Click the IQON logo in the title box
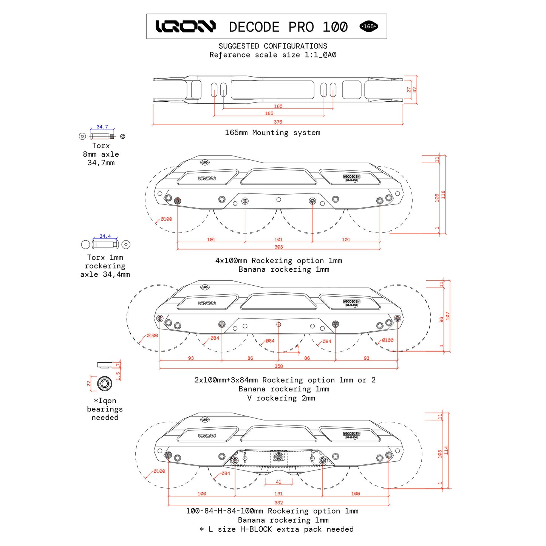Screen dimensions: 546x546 (x=185, y=26)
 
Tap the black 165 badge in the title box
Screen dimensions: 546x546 (x=368, y=26)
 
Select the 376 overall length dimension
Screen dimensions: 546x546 (x=278, y=122)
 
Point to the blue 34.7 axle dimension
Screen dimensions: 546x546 (x=102, y=127)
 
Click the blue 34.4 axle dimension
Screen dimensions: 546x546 (x=105, y=236)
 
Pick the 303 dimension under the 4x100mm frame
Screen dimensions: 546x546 (x=278, y=247)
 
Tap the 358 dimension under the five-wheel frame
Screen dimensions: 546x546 (x=278, y=366)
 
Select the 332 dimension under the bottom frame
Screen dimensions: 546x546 (x=278, y=503)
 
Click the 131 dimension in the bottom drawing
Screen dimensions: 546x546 (x=278, y=493)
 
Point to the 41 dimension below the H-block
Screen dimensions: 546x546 (x=278, y=482)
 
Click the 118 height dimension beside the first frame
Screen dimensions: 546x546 (x=444, y=195)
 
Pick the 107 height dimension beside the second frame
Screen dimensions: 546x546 (x=448, y=316)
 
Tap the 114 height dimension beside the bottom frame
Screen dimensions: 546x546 (x=446, y=450)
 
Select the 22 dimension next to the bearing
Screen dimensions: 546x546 (x=89, y=383)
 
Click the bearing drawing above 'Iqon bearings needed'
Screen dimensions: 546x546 (x=105, y=384)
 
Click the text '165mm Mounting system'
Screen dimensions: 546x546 (x=272, y=133)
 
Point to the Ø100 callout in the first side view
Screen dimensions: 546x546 (x=166, y=219)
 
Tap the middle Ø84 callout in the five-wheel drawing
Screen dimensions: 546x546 (x=270, y=341)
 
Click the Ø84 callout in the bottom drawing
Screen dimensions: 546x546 (x=226, y=473)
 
